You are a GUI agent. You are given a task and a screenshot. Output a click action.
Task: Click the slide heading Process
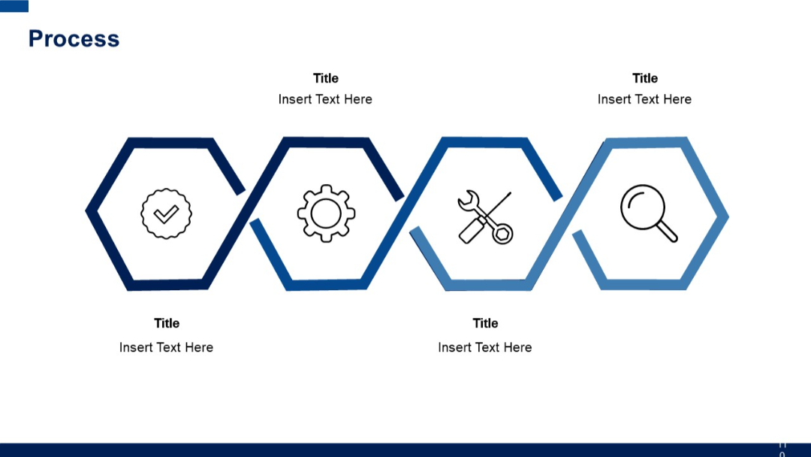(x=74, y=39)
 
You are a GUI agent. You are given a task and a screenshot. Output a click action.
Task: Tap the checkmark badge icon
(x=166, y=213)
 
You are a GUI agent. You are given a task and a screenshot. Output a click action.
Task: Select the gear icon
(x=326, y=213)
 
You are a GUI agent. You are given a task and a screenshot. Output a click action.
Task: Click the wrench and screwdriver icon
(x=485, y=217)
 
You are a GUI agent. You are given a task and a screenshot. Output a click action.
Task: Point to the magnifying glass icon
(x=648, y=213)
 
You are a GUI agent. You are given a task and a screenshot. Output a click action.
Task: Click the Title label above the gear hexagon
(x=326, y=78)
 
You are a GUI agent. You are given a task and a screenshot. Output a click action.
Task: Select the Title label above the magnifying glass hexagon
(x=645, y=78)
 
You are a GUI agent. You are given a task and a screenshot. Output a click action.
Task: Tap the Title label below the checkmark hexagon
(x=167, y=323)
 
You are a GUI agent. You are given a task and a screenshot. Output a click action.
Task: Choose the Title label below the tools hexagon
(x=485, y=323)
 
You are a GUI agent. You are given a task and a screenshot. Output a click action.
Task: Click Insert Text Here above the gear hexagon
(x=325, y=99)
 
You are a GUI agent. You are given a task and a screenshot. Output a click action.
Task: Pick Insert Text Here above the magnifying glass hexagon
(x=644, y=99)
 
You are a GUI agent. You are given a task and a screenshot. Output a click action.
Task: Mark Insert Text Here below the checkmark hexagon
(x=166, y=347)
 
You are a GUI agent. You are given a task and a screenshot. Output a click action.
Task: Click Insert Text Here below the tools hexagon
(x=485, y=347)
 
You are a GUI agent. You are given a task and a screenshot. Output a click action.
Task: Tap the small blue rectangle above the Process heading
(x=14, y=6)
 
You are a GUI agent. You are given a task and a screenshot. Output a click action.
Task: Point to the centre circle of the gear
(x=326, y=213)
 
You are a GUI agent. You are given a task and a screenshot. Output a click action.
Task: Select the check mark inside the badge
(x=166, y=214)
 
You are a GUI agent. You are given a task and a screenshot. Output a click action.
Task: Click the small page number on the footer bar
(x=782, y=449)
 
